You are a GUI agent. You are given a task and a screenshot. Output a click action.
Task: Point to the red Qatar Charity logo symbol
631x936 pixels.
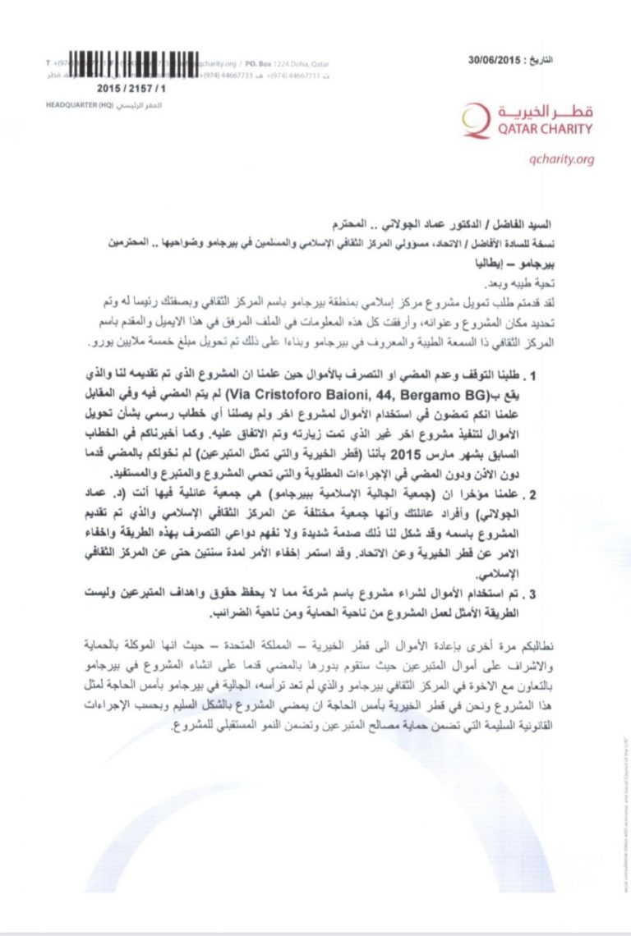474,119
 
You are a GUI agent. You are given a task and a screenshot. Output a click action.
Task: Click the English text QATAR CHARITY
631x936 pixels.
543,129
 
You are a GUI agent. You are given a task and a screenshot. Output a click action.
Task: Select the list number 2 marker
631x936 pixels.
534,495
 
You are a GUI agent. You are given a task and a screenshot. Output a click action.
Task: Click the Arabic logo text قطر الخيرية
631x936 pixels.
543,111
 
